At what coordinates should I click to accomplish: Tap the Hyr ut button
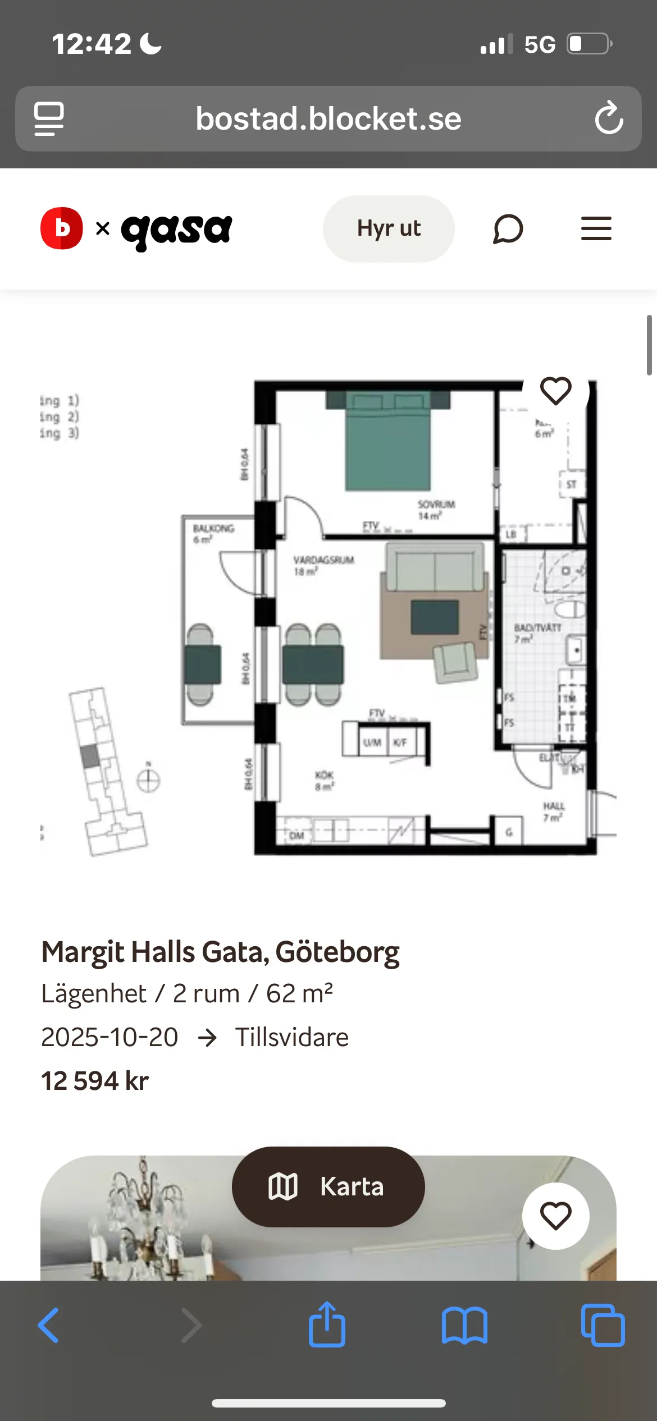389,228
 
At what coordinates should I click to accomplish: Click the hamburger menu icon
596,228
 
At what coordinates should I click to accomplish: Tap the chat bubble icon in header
508,229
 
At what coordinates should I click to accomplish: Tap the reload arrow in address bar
609,118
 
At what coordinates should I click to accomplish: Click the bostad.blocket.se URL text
328,119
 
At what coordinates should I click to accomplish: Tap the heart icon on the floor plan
555,391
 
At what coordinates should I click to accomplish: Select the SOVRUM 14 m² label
435,510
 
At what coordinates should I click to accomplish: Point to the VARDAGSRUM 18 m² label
323,566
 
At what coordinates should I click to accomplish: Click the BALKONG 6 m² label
213,534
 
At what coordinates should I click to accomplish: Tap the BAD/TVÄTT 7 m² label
537,633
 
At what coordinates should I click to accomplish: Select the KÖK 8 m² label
324,781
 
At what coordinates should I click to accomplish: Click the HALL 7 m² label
553,812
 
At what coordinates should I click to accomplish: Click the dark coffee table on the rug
434,617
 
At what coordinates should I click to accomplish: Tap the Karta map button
328,1186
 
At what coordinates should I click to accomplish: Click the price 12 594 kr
95,1081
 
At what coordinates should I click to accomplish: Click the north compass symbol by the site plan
148,780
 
